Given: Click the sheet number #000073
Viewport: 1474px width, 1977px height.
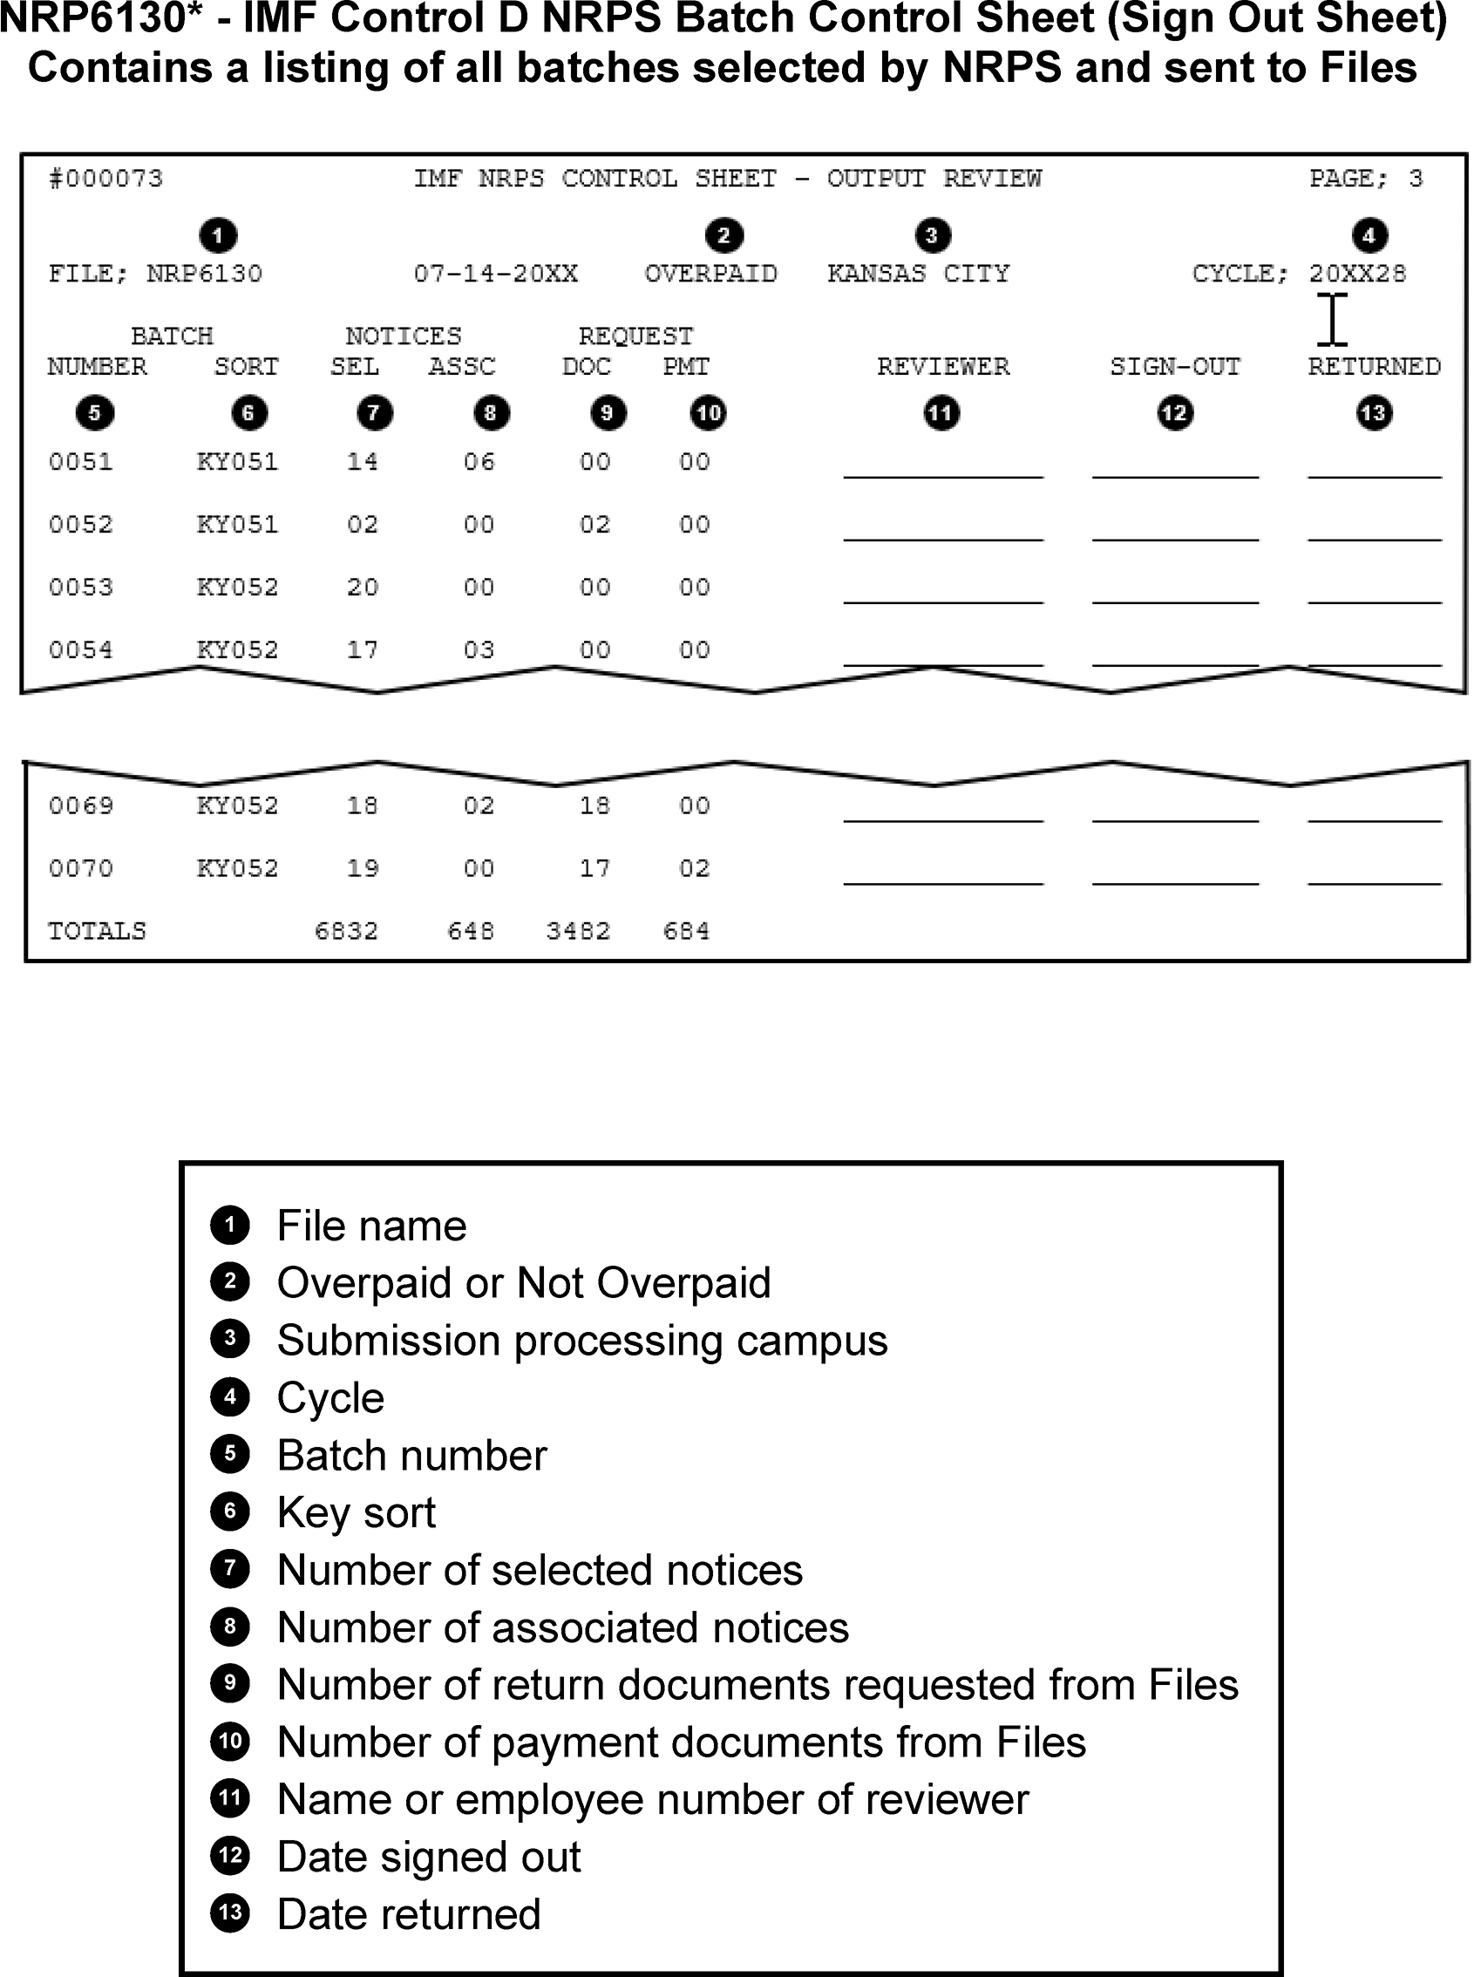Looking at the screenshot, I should pos(105,179).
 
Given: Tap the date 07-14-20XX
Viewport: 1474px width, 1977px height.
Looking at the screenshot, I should pos(495,273).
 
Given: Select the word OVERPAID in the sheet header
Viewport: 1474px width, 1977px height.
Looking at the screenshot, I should pos(710,273).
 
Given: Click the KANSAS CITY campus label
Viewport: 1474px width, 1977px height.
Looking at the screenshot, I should pos(918,273).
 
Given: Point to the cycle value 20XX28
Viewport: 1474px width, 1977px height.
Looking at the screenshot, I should pos(1357,273).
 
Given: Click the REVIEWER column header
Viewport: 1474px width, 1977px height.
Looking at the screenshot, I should pos(943,367).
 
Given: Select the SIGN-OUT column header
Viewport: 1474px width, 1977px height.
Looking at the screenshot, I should pos(1175,367).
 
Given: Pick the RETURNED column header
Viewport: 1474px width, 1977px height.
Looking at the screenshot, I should pos(1374,367).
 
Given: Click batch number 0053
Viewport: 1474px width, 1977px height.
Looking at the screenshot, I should pos(80,587).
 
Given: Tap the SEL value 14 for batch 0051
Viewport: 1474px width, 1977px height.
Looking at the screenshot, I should pos(363,462).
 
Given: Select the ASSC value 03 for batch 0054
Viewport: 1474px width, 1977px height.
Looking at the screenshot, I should pos(479,649).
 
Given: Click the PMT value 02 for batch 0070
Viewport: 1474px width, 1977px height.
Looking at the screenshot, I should pos(694,868).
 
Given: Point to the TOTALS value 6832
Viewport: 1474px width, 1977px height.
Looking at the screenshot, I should pos(346,931).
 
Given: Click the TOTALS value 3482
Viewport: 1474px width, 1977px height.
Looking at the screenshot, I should pos(578,931).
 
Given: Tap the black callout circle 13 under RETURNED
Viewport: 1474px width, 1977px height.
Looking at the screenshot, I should pos(1374,413).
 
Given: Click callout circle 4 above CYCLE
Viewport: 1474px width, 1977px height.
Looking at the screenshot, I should pos(1369,235).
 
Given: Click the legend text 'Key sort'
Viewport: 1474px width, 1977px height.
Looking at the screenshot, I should pos(356,1513).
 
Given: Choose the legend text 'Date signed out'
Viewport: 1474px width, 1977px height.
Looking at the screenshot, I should pos(428,1858).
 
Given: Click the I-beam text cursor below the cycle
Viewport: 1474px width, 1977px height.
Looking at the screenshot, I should pos(1331,319).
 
